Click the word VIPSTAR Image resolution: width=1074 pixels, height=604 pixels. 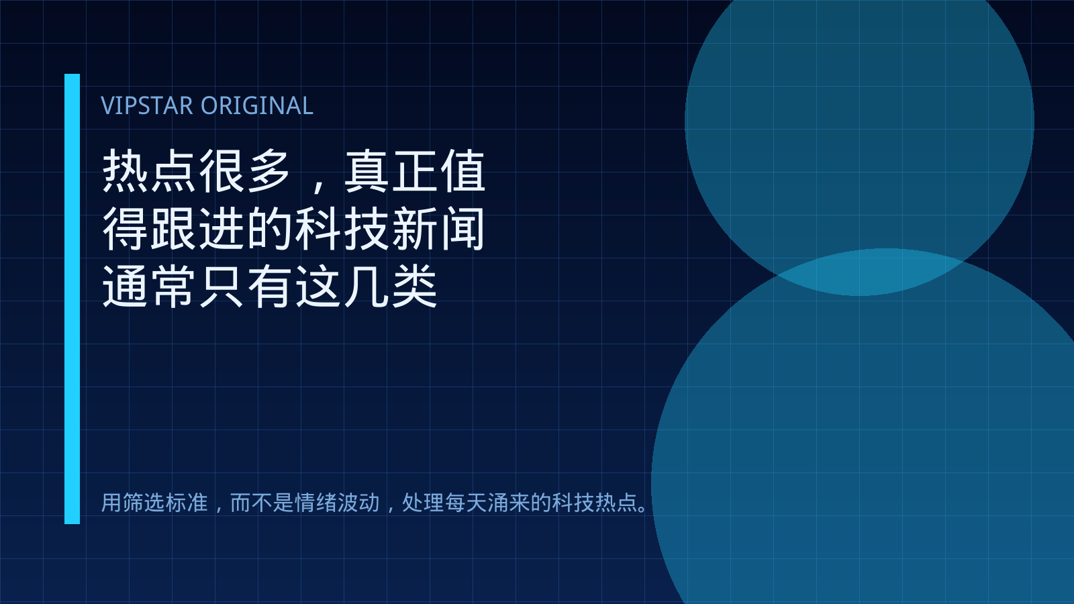point(147,105)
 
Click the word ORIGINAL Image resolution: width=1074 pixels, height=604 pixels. point(257,105)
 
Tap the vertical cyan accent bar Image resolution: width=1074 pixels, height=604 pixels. point(72,299)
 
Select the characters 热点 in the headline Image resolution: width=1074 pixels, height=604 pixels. point(150,171)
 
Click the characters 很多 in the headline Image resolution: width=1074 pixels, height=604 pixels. point(246,171)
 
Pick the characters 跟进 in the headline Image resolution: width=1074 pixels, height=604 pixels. point(198,229)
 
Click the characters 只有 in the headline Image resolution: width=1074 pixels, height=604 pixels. point(246,286)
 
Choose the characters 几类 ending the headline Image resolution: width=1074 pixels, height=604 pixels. point(391,286)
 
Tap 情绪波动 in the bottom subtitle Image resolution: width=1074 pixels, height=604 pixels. point(337,503)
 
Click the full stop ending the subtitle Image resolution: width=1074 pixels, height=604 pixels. point(643,509)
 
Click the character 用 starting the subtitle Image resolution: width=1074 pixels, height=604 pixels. point(111,503)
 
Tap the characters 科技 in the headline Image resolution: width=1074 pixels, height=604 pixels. point(342,229)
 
